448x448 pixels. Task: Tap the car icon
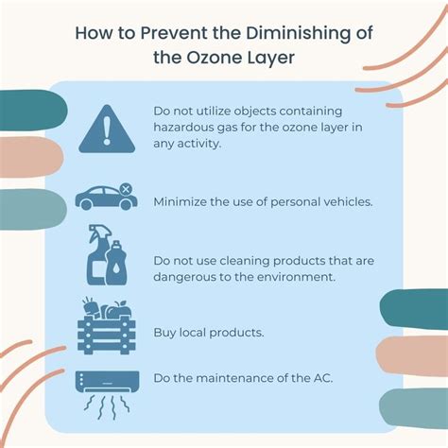coord(104,198)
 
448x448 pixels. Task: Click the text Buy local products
coord(211,332)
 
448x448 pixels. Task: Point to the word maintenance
coord(232,380)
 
